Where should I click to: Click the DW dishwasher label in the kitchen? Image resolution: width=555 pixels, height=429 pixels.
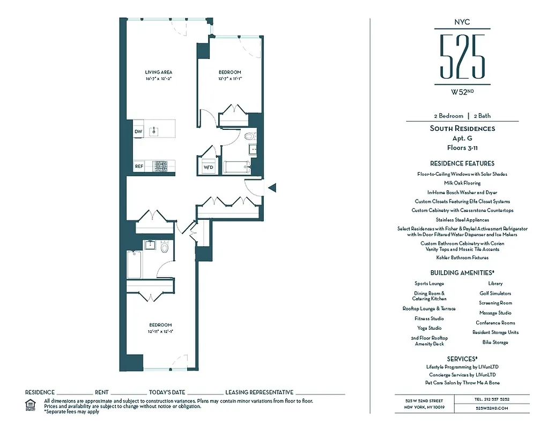pos(138,131)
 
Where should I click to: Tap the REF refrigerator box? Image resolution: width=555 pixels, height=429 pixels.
pos(139,166)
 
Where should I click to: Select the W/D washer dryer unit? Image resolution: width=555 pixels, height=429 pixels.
pos(208,167)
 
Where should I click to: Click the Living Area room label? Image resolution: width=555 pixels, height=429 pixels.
pos(158,72)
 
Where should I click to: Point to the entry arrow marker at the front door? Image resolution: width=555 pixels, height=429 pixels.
pos(272,187)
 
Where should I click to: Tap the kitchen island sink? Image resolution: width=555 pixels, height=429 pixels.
pos(154,130)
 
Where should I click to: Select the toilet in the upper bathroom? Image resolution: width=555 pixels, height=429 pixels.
pos(249,137)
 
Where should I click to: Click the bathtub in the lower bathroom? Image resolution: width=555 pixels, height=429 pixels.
pos(134,264)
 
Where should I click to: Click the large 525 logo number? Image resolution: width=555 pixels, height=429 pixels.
pos(462,57)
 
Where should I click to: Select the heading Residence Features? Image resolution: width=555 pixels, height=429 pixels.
pos(462,164)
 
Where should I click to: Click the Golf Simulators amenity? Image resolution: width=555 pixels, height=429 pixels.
pos(495,293)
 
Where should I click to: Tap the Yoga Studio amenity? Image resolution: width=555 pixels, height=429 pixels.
pos(429,328)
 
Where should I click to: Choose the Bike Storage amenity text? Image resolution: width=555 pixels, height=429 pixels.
pos(495,342)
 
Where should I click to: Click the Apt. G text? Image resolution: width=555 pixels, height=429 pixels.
pos(462,138)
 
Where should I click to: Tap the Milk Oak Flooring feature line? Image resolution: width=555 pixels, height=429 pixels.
pos(462,183)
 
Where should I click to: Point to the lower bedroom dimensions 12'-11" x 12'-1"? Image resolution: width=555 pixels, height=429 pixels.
pos(160,331)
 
